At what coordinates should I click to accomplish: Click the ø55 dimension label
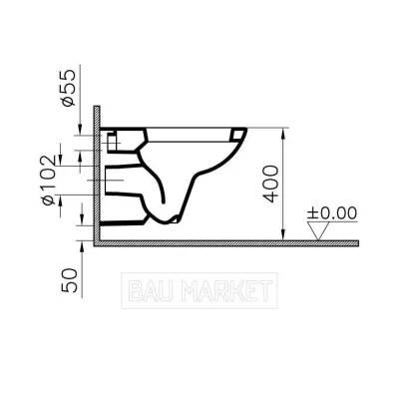tap(68, 88)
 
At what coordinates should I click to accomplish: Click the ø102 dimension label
tap(49, 180)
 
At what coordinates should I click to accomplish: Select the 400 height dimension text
tap(270, 184)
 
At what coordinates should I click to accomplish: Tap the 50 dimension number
tap(70, 280)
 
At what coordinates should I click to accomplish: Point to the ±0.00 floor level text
tap(332, 213)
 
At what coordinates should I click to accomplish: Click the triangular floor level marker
tap(318, 230)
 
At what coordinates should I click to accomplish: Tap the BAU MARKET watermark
tap(199, 290)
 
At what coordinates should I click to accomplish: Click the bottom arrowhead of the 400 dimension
tap(282, 234)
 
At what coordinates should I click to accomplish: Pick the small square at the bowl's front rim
tap(237, 135)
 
